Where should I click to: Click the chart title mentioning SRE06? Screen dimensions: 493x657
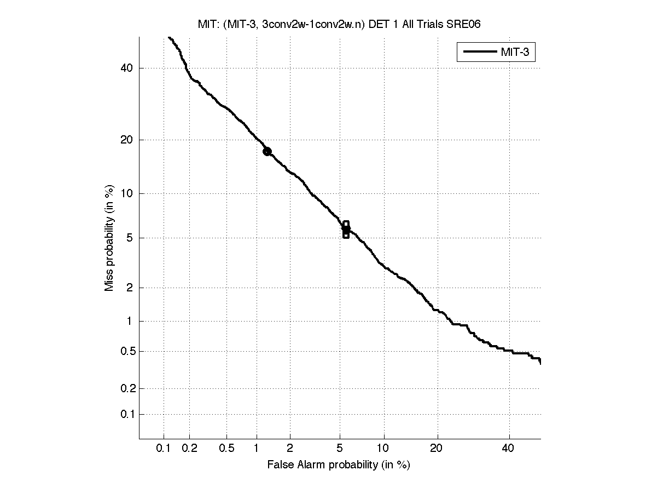click(339, 24)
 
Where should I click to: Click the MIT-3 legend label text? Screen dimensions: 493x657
click(517, 53)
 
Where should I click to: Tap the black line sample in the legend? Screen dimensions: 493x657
click(479, 53)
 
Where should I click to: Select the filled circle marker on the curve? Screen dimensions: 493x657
click(267, 151)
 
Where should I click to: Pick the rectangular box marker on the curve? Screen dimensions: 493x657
click(346, 230)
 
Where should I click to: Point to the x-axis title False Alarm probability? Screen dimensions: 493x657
click(339, 465)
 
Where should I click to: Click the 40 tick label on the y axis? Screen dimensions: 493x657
click(126, 68)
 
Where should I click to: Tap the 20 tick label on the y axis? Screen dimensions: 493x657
click(126, 140)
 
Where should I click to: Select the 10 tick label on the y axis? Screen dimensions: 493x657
click(126, 193)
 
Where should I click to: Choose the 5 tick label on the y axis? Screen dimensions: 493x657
click(129, 238)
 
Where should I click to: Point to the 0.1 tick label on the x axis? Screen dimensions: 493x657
click(164, 448)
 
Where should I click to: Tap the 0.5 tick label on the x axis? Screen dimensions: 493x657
click(227, 448)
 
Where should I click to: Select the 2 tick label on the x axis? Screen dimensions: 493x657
click(290, 448)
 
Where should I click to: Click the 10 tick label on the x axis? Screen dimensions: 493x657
click(384, 448)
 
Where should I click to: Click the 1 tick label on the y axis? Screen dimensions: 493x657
click(129, 322)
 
